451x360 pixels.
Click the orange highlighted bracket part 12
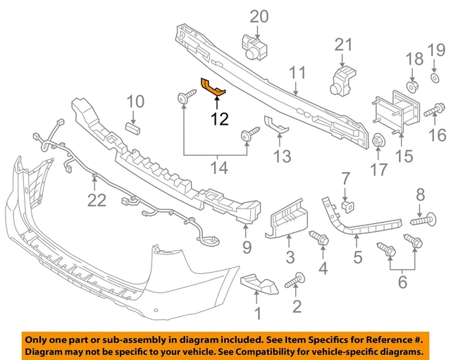[214, 87]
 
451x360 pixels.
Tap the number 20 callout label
[259, 15]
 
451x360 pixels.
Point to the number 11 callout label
[297, 72]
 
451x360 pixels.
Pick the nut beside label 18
[412, 85]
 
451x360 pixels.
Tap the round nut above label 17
[377, 140]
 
